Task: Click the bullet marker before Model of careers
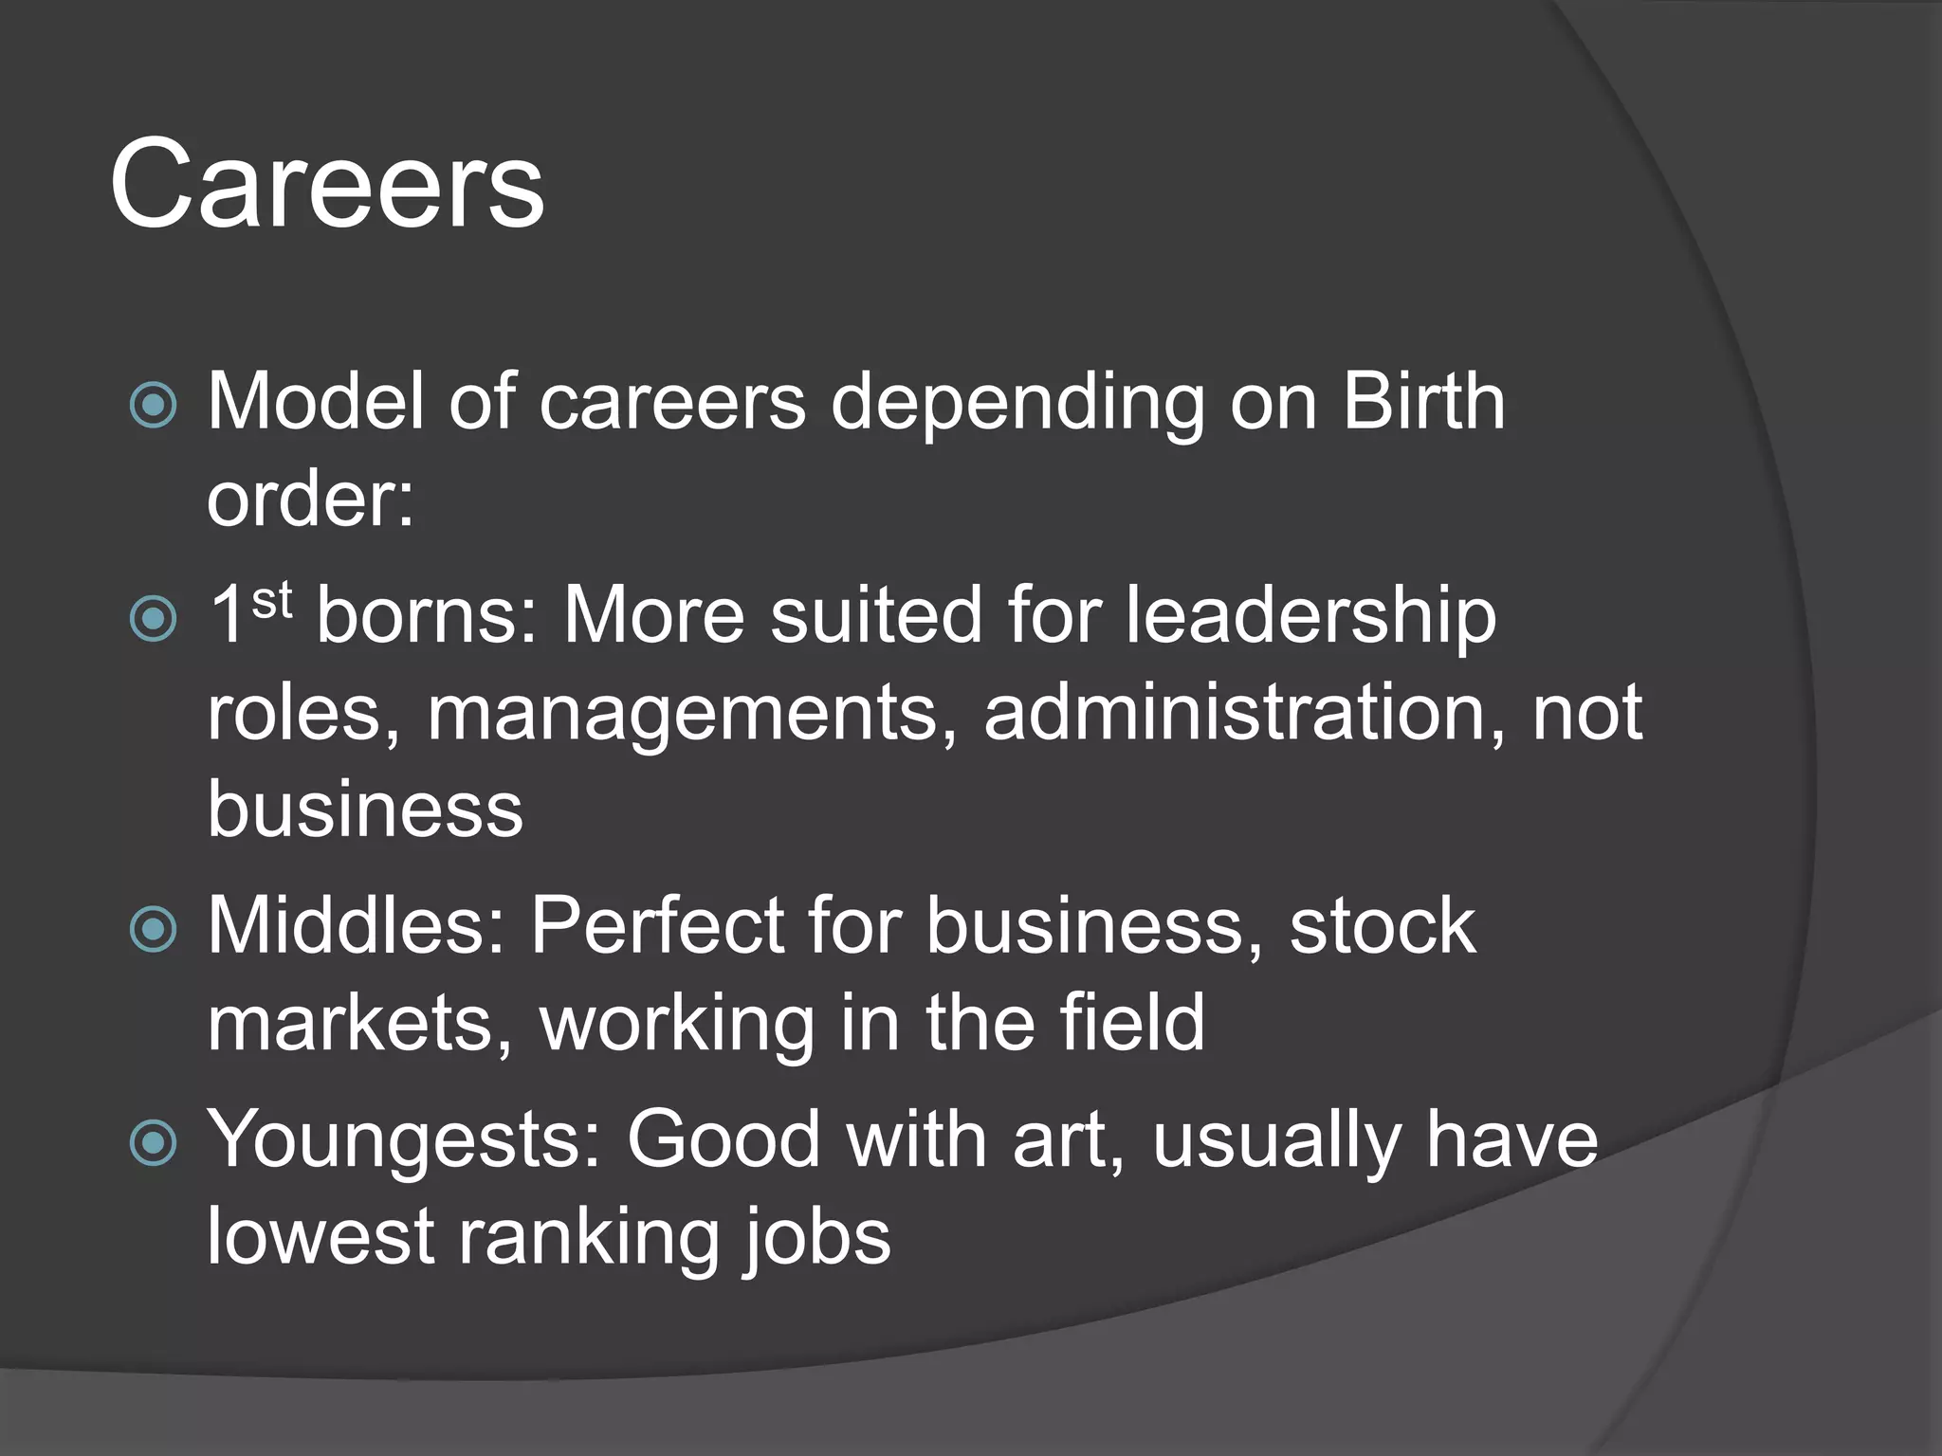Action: (153, 406)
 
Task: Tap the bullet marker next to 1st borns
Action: (153, 619)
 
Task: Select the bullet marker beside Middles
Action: (153, 929)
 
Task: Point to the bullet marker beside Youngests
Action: (153, 1142)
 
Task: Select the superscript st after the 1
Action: (271, 600)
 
